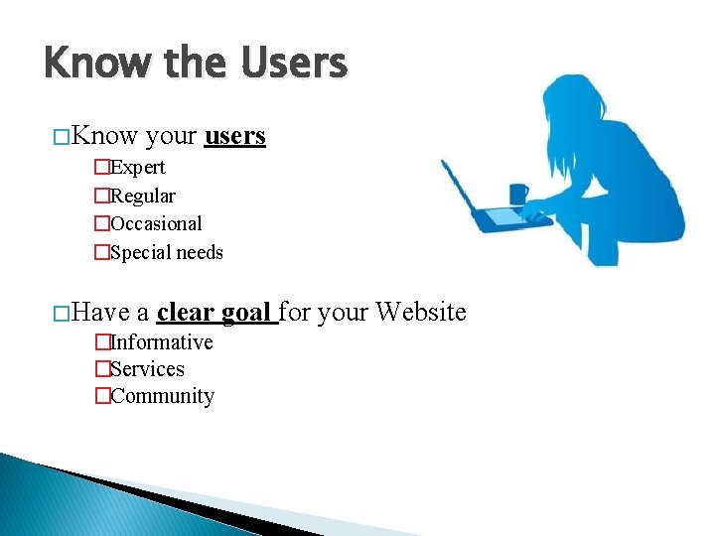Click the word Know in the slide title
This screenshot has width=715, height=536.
(94, 65)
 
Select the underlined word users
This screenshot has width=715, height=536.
(234, 136)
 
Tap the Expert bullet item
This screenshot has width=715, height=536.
(137, 167)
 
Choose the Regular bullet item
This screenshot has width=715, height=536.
(142, 196)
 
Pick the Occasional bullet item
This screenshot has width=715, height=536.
(155, 223)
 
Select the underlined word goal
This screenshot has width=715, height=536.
(246, 313)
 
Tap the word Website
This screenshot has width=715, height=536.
(419, 312)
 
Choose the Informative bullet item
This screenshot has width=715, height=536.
(161, 341)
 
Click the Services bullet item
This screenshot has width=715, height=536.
(147, 368)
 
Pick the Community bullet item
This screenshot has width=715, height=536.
(162, 395)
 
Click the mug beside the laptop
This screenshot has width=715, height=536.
(517, 194)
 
